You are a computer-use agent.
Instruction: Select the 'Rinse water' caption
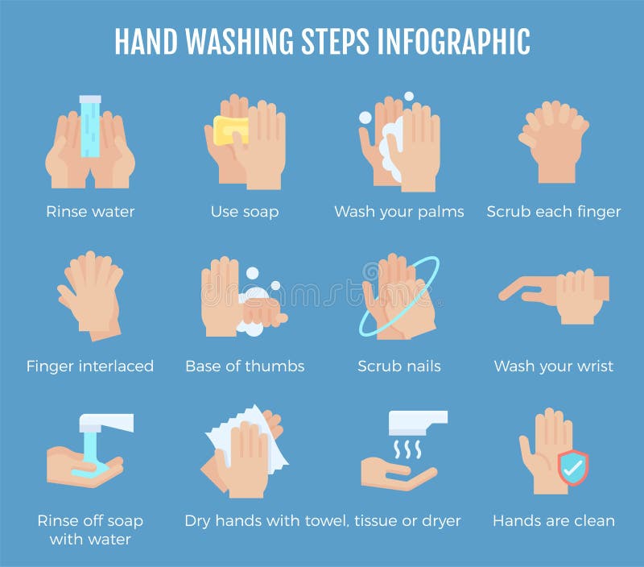[90, 212]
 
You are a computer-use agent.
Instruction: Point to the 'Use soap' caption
[245, 212]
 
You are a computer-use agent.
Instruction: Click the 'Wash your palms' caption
[399, 212]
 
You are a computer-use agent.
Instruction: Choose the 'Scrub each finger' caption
[554, 212]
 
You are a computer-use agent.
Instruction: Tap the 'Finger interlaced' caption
[90, 366]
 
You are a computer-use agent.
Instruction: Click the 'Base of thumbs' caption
[245, 366]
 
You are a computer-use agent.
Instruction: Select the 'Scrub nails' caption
[399, 366]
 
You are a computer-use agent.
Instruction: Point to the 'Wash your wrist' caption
[554, 366]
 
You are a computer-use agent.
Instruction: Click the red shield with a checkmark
[573, 467]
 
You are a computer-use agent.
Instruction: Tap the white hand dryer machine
[416, 421]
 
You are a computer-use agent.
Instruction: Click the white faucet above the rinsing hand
[109, 423]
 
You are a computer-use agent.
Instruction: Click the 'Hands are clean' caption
[554, 520]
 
